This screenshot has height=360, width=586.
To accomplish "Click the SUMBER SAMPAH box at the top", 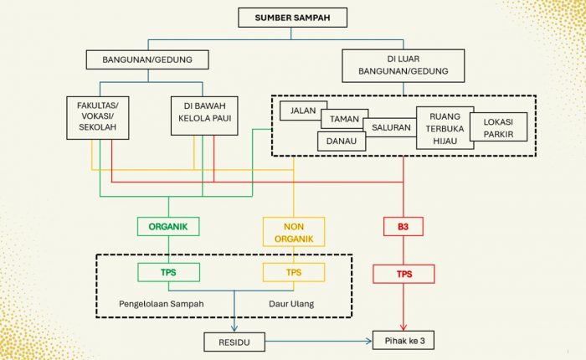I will tap(292, 18).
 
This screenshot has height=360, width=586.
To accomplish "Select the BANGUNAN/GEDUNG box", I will tap(146, 59).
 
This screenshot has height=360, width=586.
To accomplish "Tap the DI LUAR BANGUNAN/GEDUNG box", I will tap(403, 65).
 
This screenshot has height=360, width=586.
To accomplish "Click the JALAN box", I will tap(303, 111).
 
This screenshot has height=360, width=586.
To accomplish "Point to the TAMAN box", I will tap(343, 121).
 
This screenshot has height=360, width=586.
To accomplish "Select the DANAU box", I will tap(342, 141).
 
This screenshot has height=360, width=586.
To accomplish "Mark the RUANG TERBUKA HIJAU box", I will tap(445, 128).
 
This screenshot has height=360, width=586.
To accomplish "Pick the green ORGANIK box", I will tap(168, 226).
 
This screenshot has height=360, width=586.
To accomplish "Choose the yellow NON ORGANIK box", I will tap(293, 232).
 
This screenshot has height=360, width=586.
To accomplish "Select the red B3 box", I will tap(404, 226).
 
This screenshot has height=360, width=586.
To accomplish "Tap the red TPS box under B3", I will tap(404, 273).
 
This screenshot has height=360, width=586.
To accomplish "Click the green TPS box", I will tap(168, 272).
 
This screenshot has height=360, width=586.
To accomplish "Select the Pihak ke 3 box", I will tap(404, 342).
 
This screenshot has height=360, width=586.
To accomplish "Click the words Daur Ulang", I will tap(290, 303).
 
